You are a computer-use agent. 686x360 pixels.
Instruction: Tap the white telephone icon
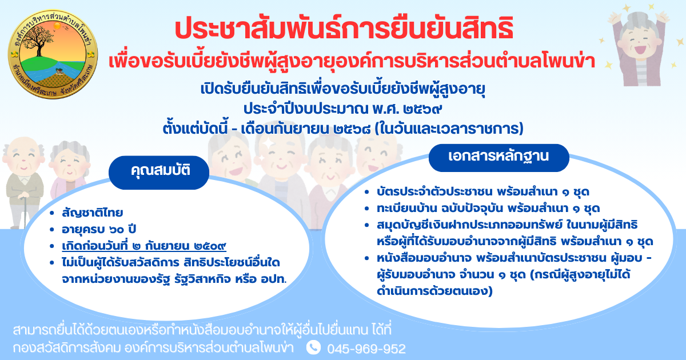click(x=313, y=347)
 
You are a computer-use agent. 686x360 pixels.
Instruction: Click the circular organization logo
click(x=53, y=54)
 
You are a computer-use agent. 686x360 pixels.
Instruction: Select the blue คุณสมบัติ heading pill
click(x=159, y=173)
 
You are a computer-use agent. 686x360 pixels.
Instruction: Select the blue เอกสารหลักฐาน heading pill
click(x=499, y=158)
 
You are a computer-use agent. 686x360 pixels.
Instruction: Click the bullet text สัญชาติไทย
click(x=93, y=213)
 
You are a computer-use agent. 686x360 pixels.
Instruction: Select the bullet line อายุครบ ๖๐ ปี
click(x=99, y=229)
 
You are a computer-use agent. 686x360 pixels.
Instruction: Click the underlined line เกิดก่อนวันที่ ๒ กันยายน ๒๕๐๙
click(x=144, y=246)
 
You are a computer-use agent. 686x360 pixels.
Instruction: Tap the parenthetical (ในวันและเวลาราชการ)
click(x=449, y=129)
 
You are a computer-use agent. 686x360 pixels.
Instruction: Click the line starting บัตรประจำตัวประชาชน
click(x=483, y=192)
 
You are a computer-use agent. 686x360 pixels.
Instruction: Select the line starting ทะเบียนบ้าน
click(x=488, y=209)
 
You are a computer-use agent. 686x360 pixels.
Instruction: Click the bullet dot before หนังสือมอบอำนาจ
click(x=367, y=258)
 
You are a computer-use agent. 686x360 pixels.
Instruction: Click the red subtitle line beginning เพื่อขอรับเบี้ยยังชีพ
click(x=352, y=61)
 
